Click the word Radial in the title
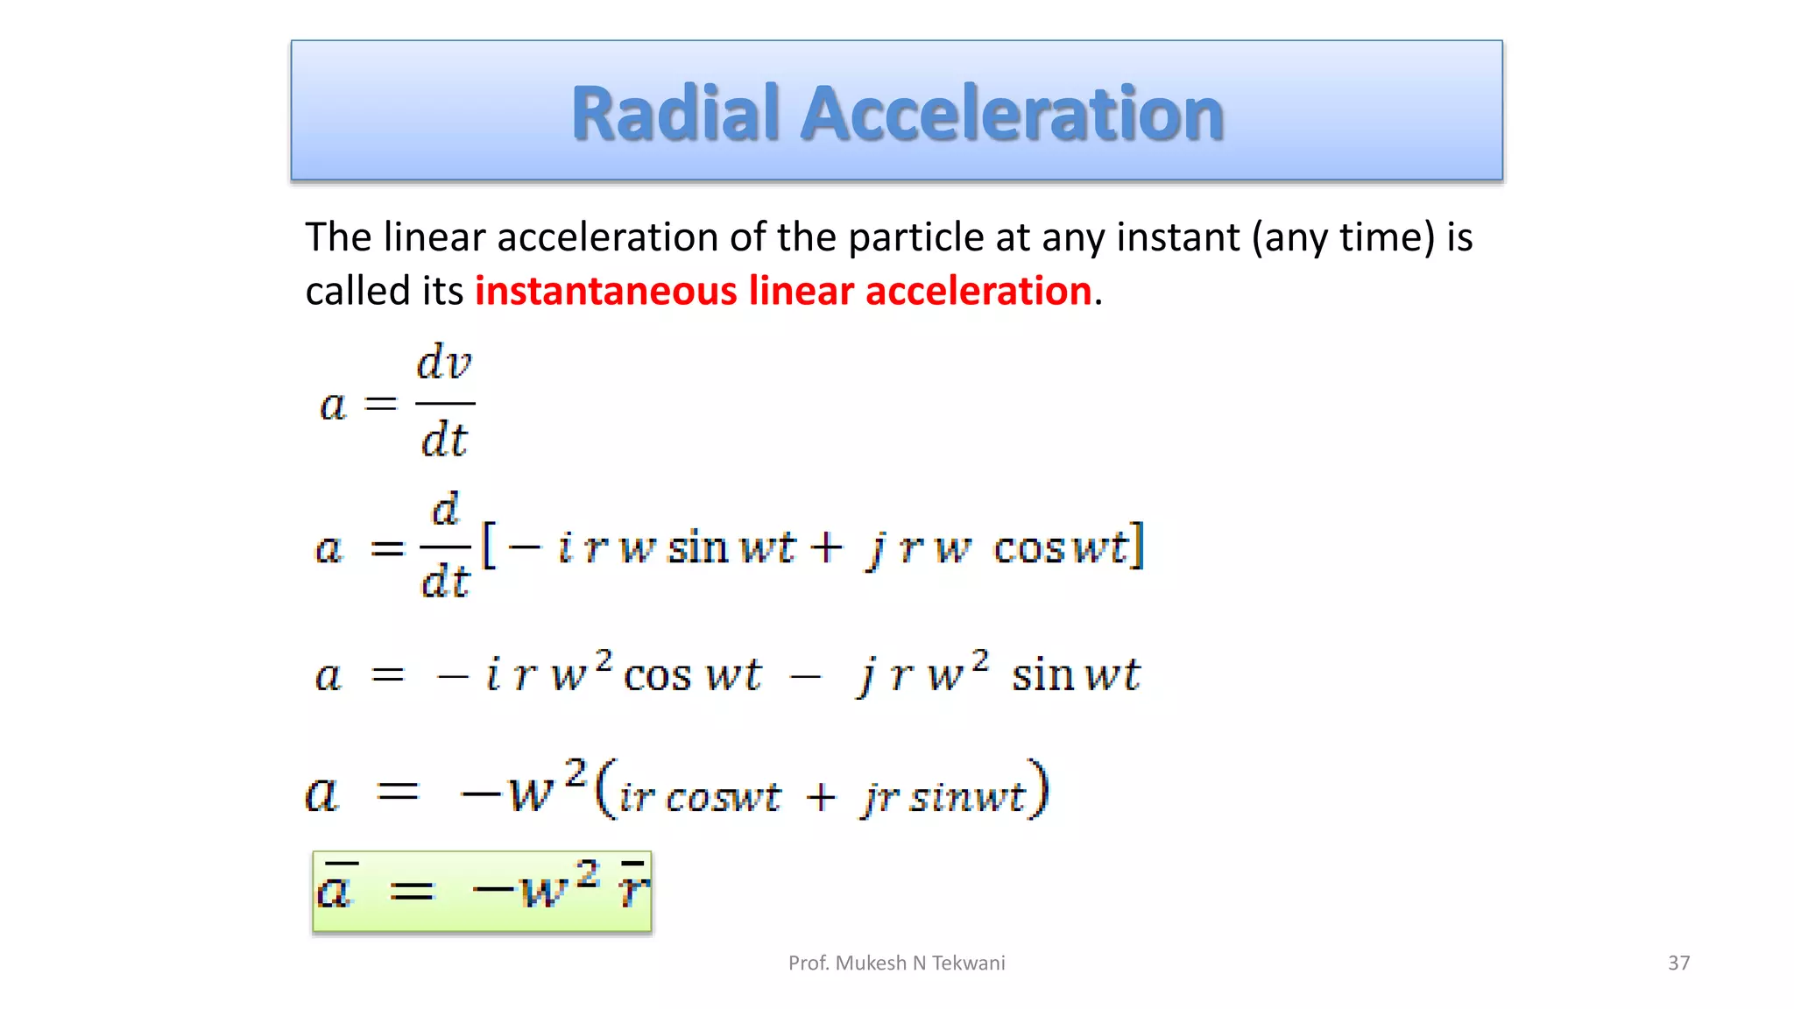click(675, 114)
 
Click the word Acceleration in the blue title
click(1012, 114)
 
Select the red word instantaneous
click(606, 291)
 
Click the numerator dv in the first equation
click(444, 363)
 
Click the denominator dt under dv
click(444, 440)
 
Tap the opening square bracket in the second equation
click(489, 547)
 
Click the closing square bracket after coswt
click(1137, 547)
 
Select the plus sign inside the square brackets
click(825, 548)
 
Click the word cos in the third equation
click(657, 676)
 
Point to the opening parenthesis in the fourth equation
click(604, 790)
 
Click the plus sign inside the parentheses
click(821, 798)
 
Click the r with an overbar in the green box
click(632, 888)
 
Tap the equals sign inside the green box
click(412, 893)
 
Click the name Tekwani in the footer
click(968, 963)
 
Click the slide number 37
click(1678, 963)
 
